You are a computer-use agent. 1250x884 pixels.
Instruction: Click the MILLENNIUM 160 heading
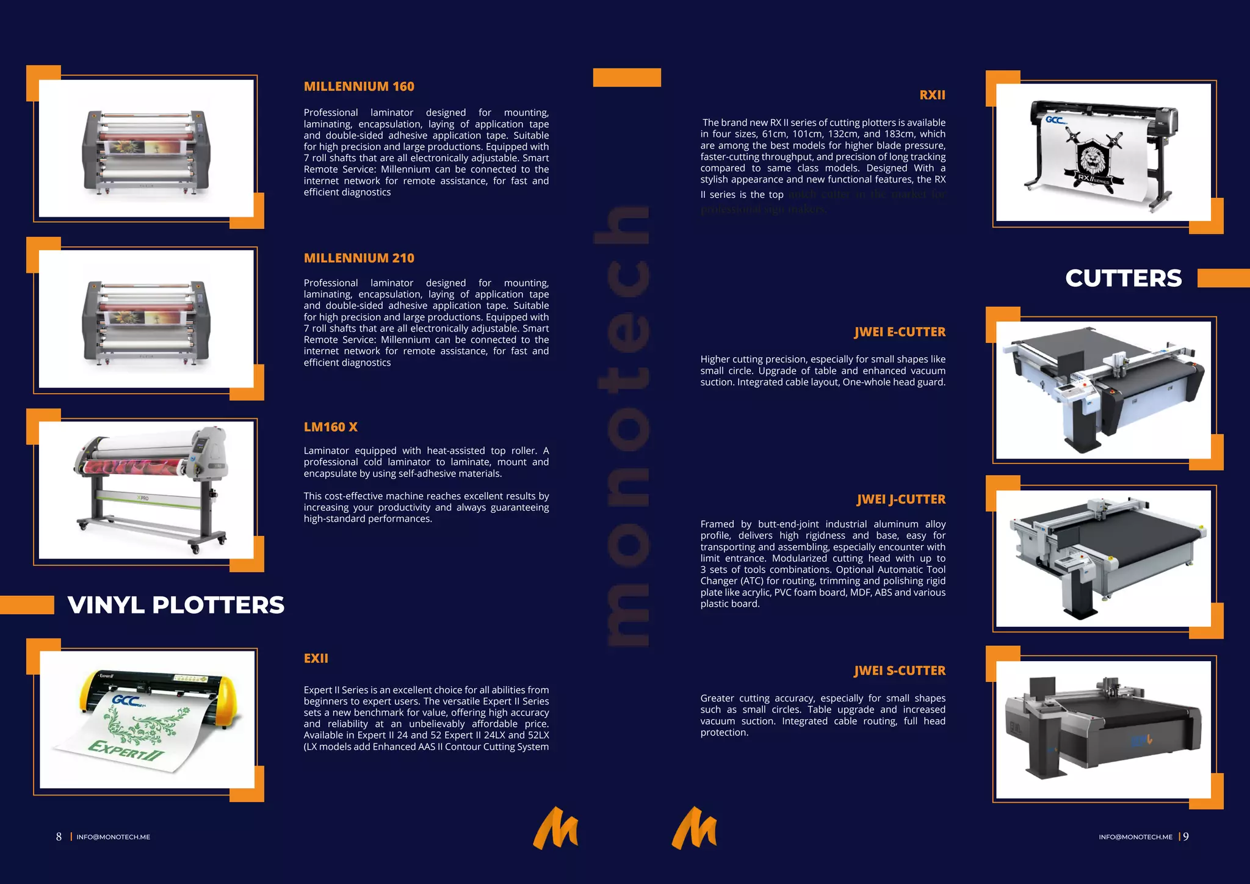coord(359,87)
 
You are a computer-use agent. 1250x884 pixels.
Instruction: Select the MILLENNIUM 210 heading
coord(359,258)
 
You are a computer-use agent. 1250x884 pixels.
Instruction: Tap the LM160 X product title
coord(330,427)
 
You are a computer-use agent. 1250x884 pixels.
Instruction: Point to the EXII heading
coord(316,659)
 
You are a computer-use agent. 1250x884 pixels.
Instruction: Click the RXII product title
coord(932,95)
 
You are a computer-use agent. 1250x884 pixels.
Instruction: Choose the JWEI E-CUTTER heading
coord(900,332)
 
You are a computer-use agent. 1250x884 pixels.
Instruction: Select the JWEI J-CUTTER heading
coord(901,499)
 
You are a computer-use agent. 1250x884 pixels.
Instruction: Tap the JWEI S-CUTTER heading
coord(900,671)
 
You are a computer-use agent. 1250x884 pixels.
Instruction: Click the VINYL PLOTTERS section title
coord(176,605)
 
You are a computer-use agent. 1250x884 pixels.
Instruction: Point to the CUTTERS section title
coord(1123,278)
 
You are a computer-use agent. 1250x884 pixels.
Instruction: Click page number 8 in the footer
coord(59,837)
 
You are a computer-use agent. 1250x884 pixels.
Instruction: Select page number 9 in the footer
coord(1186,837)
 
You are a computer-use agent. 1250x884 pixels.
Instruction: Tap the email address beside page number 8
coord(113,838)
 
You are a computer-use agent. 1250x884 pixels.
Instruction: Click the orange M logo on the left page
coord(555,828)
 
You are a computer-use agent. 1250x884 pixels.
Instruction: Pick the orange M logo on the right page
coord(694,828)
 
